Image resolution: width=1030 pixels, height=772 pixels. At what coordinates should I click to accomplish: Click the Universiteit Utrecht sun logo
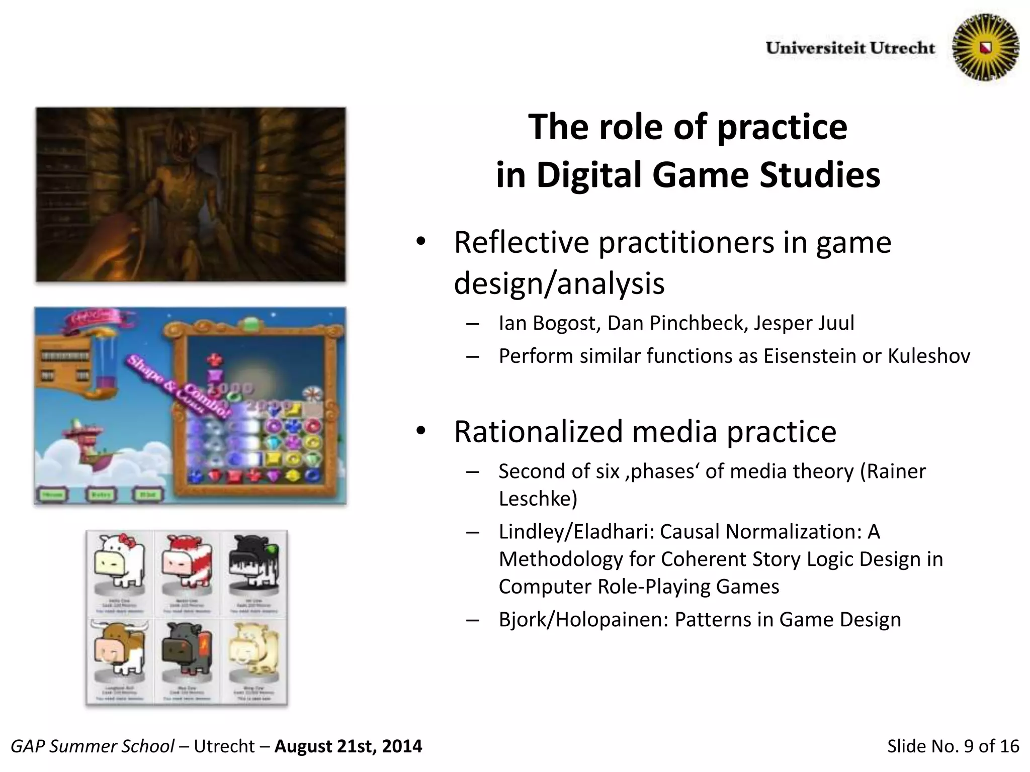(985, 47)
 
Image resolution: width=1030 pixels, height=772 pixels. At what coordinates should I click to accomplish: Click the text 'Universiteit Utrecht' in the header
(850, 48)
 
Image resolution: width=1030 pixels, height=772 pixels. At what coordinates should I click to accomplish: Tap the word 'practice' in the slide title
(782, 127)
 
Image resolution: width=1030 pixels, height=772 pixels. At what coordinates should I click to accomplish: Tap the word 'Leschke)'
(538, 499)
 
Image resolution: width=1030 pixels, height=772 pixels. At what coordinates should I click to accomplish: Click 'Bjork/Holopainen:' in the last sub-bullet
(583, 620)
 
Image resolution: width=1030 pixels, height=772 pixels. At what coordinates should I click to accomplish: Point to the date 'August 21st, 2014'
(348, 746)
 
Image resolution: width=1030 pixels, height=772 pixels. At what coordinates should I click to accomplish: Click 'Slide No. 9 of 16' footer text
(953, 746)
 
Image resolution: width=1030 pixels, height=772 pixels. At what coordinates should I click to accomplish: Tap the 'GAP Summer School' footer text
(93, 746)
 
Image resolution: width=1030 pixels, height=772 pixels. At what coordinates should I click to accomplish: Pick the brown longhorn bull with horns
(120, 648)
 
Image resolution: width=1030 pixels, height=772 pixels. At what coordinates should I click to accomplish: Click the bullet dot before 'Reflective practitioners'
(421, 242)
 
